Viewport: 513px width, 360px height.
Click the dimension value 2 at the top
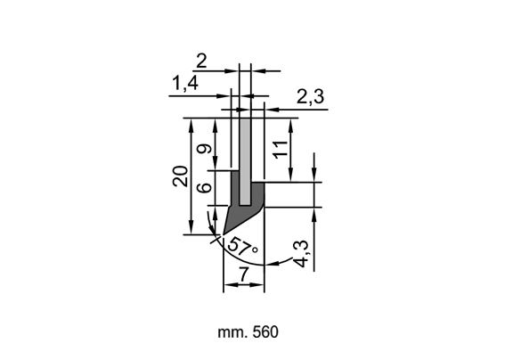click(201, 61)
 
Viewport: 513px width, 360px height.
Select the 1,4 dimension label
click(185, 83)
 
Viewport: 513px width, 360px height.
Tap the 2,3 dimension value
click(311, 97)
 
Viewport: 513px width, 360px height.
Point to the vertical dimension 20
click(181, 176)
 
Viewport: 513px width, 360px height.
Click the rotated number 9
click(205, 149)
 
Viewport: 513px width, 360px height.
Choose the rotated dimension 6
click(205, 188)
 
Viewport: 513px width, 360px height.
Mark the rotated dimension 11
click(281, 150)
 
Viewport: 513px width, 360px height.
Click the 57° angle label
click(242, 247)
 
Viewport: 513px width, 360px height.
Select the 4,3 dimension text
click(300, 253)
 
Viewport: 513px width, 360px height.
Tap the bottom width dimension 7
click(243, 274)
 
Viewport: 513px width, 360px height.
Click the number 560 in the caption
click(265, 331)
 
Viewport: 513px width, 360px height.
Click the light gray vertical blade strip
click(245, 161)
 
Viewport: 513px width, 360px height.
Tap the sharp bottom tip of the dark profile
click(224, 234)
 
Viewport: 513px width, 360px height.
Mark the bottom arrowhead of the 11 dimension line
click(290, 176)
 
